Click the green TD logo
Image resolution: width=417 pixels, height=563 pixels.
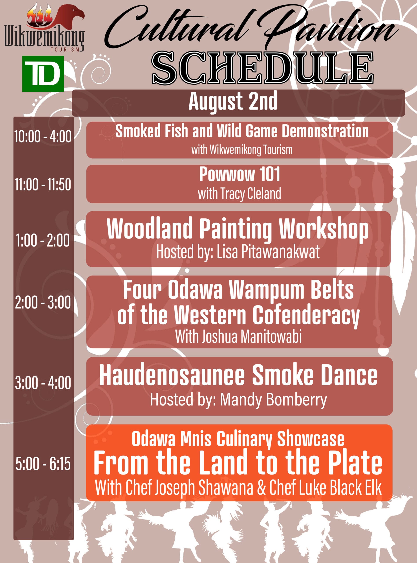[x=43, y=74]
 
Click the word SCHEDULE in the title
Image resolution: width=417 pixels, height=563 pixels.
[x=263, y=68]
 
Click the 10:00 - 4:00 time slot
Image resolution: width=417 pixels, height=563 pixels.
[x=43, y=137]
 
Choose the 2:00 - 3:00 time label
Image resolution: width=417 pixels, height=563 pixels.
[x=43, y=302]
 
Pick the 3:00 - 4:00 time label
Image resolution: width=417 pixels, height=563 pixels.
[x=43, y=383]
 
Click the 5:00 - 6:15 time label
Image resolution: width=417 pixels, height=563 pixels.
[x=43, y=464]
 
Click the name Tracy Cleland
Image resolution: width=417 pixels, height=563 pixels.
[x=251, y=194]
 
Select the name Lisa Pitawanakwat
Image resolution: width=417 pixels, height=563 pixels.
[x=268, y=252]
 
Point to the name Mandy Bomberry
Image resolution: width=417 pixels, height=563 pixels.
[x=273, y=400]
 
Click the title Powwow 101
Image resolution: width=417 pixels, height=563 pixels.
[x=240, y=174]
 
